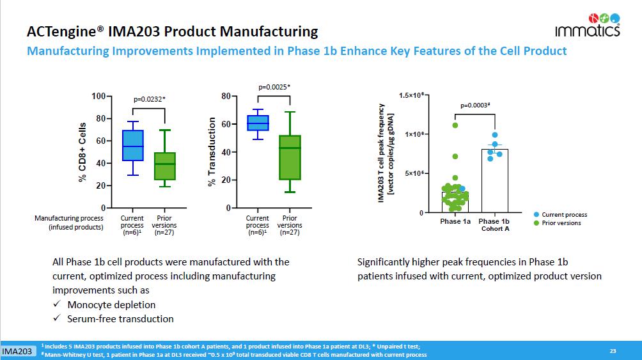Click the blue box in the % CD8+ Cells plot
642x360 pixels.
pyautogui.click(x=132, y=146)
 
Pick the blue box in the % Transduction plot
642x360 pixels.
pyautogui.click(x=258, y=123)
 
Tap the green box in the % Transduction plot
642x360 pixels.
pyautogui.click(x=290, y=157)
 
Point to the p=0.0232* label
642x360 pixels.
pyautogui.click(x=149, y=99)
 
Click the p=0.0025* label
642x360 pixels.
pyautogui.click(x=274, y=86)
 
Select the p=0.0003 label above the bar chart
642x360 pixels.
pyautogui.click(x=475, y=105)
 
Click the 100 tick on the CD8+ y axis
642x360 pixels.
pyautogui.click(x=97, y=96)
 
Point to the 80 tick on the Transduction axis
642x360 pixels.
pyautogui.click(x=224, y=96)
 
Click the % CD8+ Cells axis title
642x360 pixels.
pyautogui.click(x=82, y=152)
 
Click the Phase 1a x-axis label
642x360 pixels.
pyautogui.click(x=455, y=221)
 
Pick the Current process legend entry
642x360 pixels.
pyautogui.click(x=563, y=215)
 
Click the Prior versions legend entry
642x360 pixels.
pyautogui.click(x=561, y=223)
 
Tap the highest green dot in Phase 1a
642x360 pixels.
pyautogui.click(x=455, y=125)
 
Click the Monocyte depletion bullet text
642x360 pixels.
pyautogui.click(x=111, y=304)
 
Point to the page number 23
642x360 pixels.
pyautogui.click(x=613, y=350)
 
